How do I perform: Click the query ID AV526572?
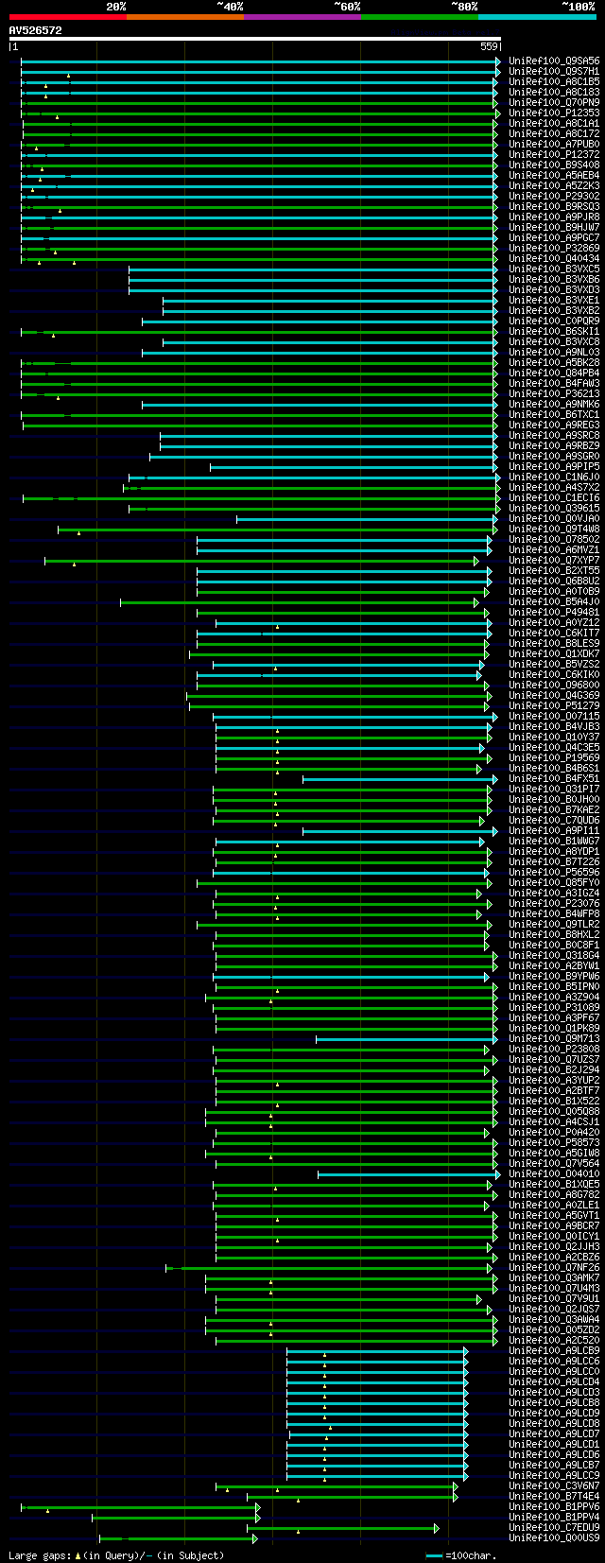[x=35, y=30]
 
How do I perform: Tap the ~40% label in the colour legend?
[x=230, y=6]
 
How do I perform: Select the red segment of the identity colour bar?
[x=67, y=17]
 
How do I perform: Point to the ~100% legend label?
[x=579, y=6]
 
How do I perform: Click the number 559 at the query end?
[x=489, y=46]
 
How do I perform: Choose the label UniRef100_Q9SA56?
[x=554, y=61]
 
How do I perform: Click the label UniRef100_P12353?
[x=554, y=113]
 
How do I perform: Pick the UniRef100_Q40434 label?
[x=554, y=258]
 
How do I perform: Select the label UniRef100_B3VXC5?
[x=554, y=269]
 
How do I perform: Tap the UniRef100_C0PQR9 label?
[x=554, y=321]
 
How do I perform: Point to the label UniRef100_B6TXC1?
[x=554, y=414]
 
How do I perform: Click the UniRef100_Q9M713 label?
[x=554, y=1038]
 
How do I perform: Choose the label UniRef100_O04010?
[x=554, y=1173]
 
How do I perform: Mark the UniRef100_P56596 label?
[x=554, y=872]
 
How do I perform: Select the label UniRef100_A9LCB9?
[x=554, y=1350]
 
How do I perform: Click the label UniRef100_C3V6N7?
[x=554, y=1485]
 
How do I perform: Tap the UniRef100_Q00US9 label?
[x=554, y=1537]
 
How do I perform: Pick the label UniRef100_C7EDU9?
[x=554, y=1527]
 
